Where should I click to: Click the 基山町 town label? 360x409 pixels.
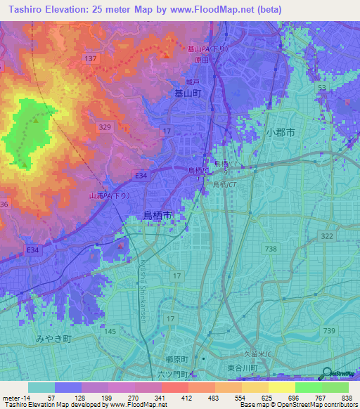coord(188,92)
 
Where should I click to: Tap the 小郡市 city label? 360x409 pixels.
coord(280,132)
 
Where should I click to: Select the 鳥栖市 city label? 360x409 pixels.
coord(157,215)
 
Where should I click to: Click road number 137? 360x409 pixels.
coord(89,58)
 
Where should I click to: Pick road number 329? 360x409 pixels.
coord(105,126)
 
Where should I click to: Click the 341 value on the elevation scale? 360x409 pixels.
coord(162,397)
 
